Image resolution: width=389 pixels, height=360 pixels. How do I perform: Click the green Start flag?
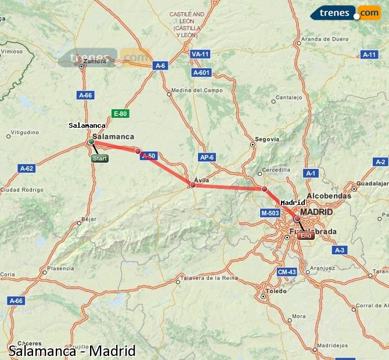coord(100,158)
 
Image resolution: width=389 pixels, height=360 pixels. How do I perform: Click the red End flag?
coord(305,236)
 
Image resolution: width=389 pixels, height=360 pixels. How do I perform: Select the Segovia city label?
coord(267,139)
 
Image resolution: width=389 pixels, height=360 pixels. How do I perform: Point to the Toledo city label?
coord(276,290)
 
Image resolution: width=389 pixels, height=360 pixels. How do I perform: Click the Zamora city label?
coord(95,60)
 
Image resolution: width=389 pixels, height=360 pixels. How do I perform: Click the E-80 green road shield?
coord(120,114)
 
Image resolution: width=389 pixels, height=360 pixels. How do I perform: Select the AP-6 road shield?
coord(207,157)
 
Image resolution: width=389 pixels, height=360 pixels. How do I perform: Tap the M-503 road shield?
coord(270,214)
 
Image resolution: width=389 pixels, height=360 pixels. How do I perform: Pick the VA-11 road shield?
coord(200,54)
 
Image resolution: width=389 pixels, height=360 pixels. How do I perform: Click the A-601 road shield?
coord(201,73)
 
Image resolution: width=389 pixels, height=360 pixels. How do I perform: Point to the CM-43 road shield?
coord(287,272)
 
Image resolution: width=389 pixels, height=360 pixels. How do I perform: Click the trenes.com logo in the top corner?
coord(345,13)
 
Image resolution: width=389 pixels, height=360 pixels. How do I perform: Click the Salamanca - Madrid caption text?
coord(72,351)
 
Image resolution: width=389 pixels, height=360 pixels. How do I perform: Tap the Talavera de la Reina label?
coord(211,278)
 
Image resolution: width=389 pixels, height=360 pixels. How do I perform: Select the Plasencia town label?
coord(61,268)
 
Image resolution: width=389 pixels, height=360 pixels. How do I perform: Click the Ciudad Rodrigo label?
coord(21,189)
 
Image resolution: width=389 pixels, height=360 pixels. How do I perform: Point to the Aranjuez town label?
coord(322,268)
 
